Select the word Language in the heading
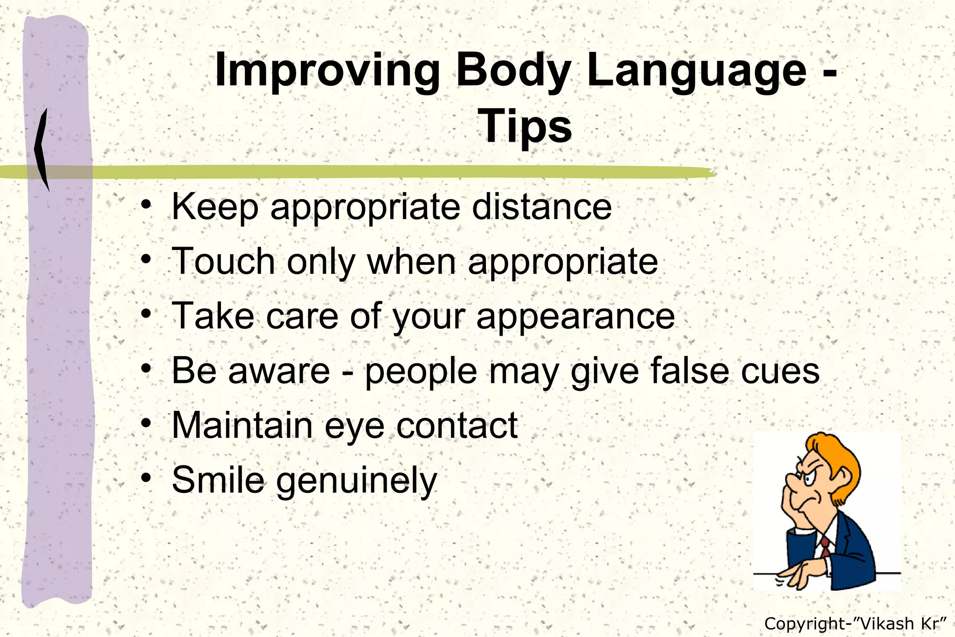[696, 71]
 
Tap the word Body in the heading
[513, 71]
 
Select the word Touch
[223, 262]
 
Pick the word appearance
[575, 317]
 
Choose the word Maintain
[242, 425]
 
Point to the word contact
[457, 425]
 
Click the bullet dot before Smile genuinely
[146, 478]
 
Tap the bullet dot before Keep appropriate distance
[146, 205]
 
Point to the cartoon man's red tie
[825, 546]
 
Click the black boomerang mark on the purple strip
[42, 149]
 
